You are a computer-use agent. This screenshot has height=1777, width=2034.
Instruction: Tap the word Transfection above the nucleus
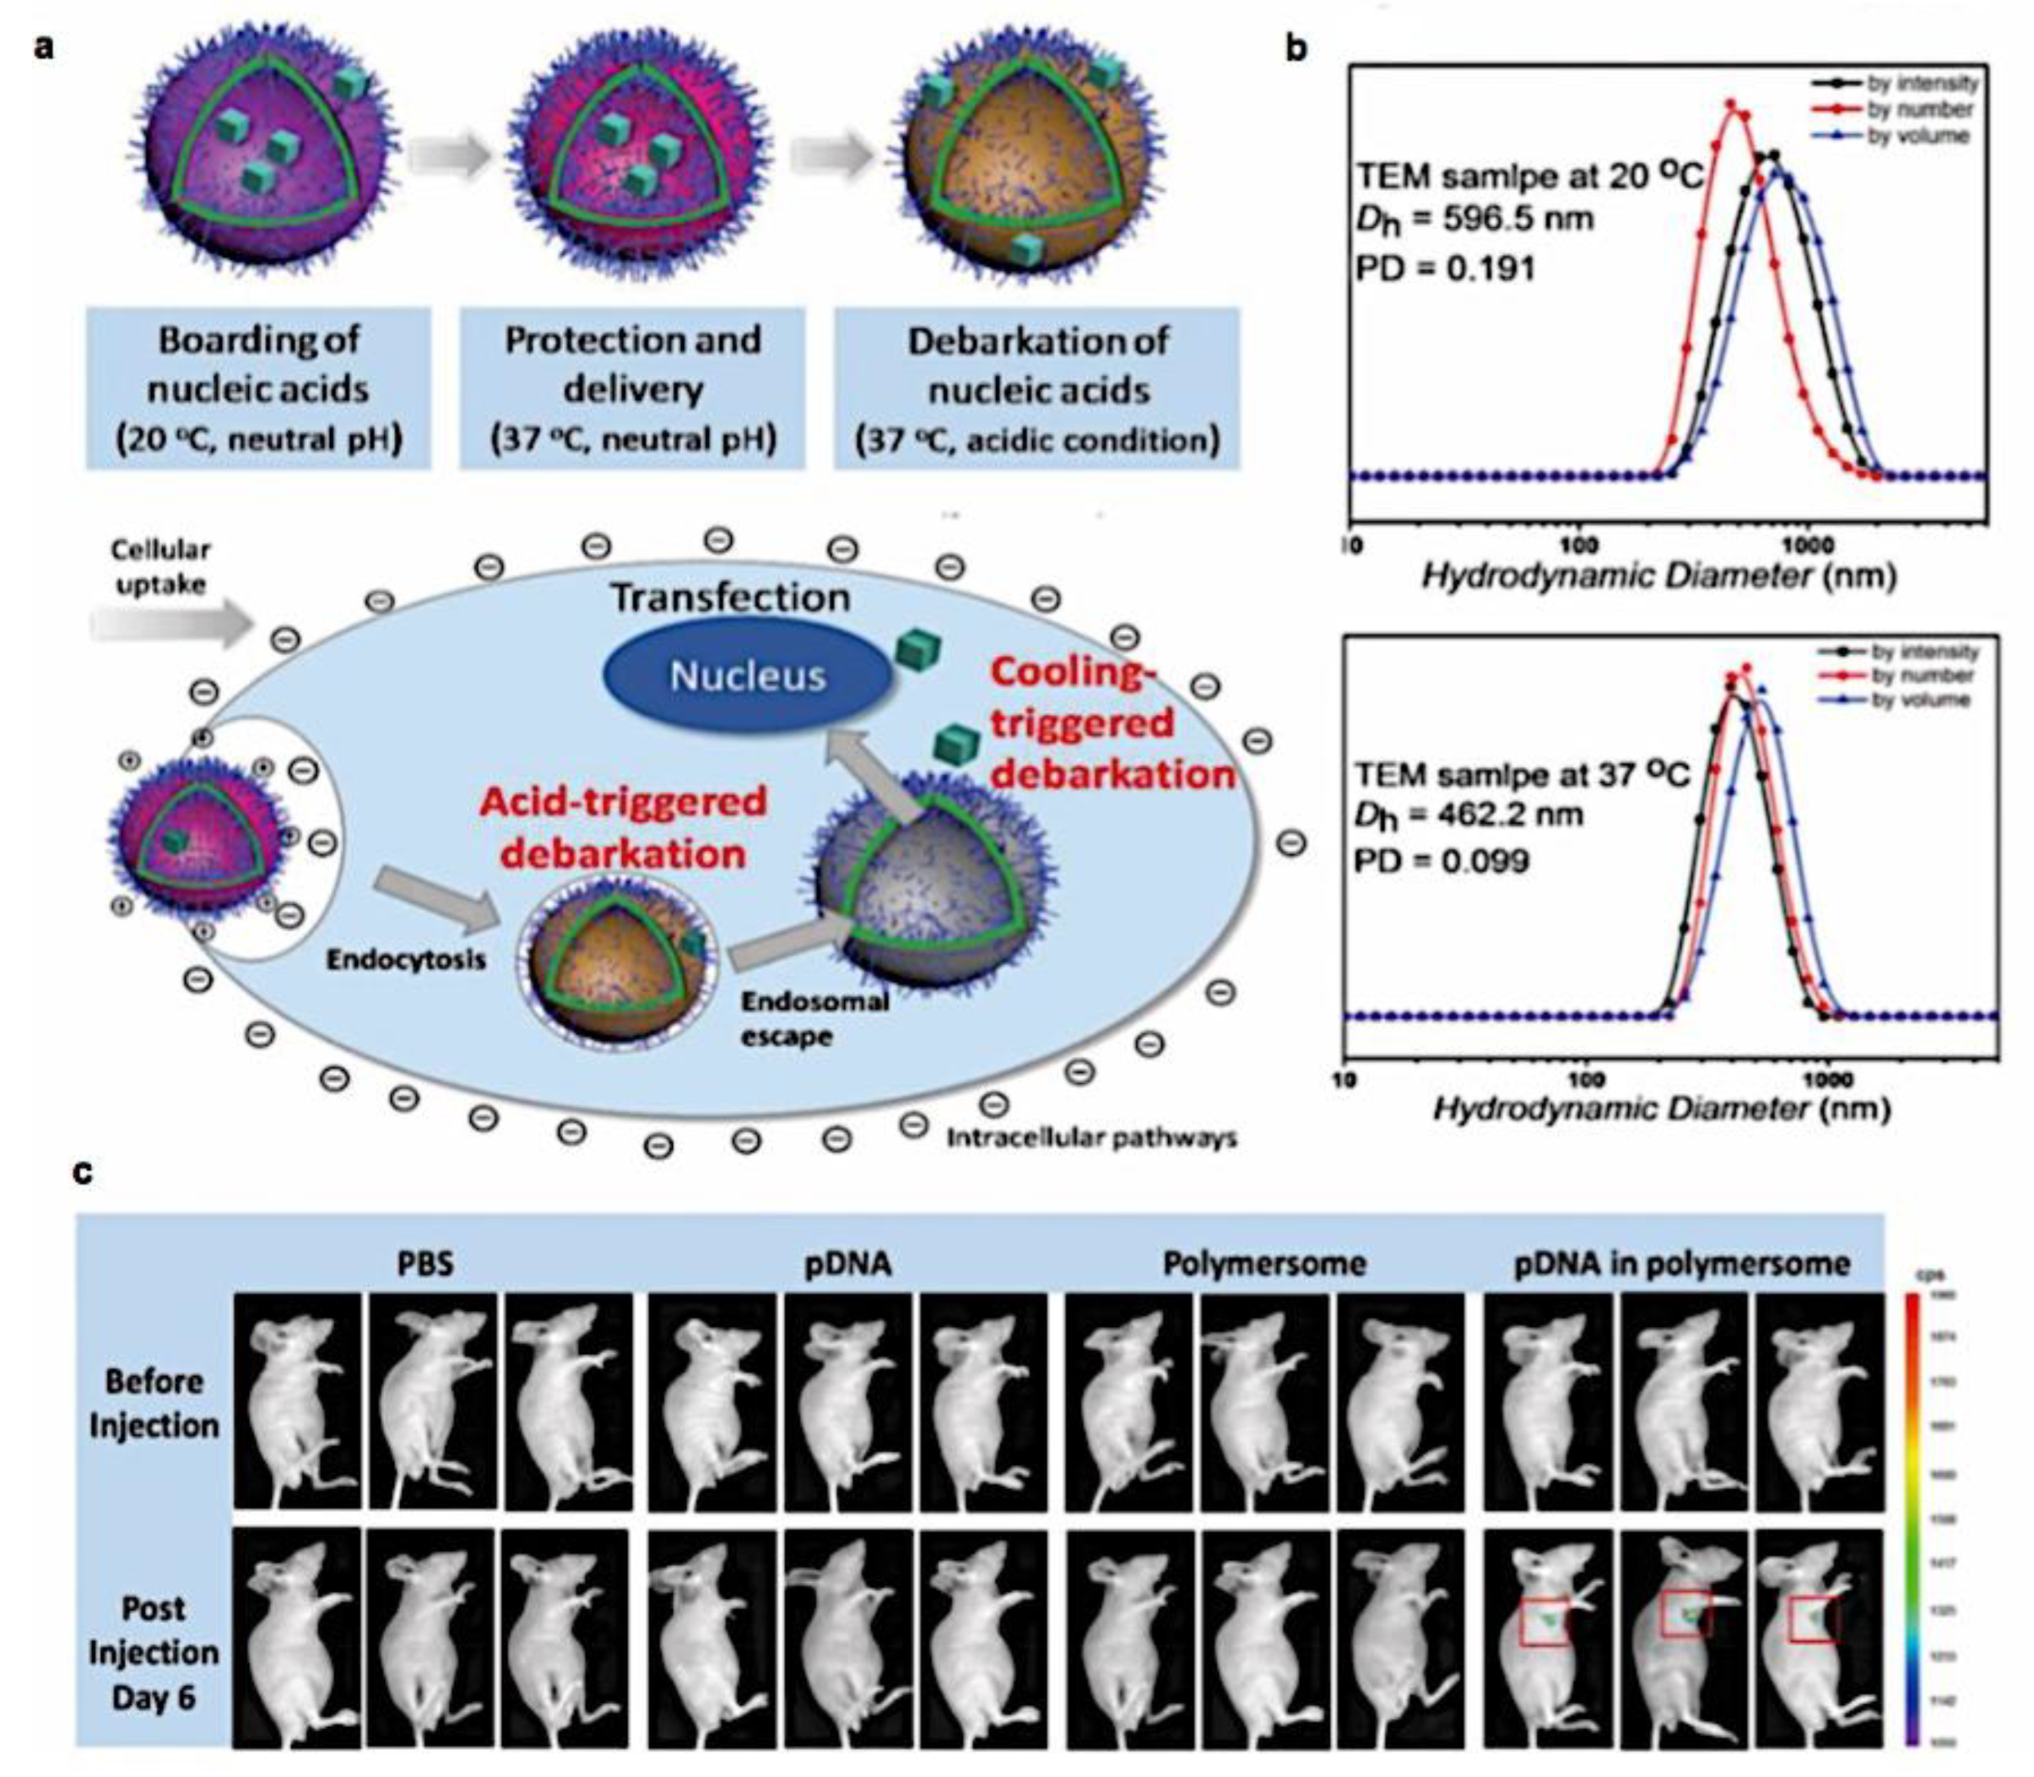pyautogui.click(x=730, y=597)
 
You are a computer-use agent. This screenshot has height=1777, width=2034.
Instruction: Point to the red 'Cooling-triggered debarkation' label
pyautogui.click(x=1101, y=724)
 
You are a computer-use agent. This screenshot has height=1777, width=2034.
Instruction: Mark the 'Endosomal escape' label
pyautogui.click(x=813, y=1018)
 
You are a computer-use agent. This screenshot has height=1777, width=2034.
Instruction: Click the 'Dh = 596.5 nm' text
pyautogui.click(x=1475, y=218)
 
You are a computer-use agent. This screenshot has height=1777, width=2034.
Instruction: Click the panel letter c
pyautogui.click(x=84, y=1172)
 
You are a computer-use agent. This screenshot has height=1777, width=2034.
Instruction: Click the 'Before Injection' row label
pyautogui.click(x=154, y=1403)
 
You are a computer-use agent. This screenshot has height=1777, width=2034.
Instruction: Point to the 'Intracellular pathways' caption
pyautogui.click(x=1091, y=1137)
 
